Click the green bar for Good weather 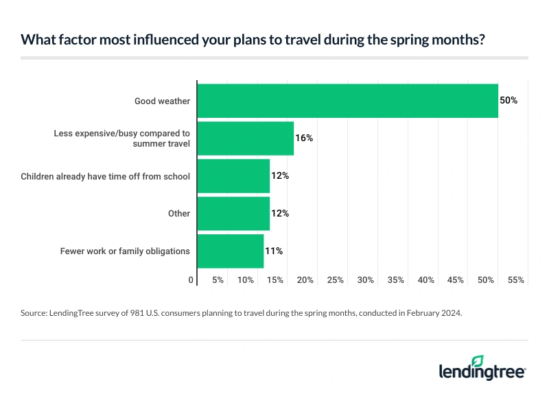[x=347, y=101]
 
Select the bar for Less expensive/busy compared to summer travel [x=246, y=138]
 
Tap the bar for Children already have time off [x=233, y=176]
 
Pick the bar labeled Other [x=233, y=214]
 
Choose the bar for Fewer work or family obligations [x=231, y=251]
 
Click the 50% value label [x=509, y=101]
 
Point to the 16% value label [x=304, y=138]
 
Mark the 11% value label [x=274, y=251]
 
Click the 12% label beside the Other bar [x=280, y=214]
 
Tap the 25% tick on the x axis [x=335, y=280]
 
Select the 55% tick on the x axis [x=516, y=280]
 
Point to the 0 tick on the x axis [x=191, y=280]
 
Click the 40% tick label [x=425, y=280]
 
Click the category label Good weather [x=162, y=101]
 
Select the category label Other [x=179, y=214]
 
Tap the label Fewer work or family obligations [x=125, y=251]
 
